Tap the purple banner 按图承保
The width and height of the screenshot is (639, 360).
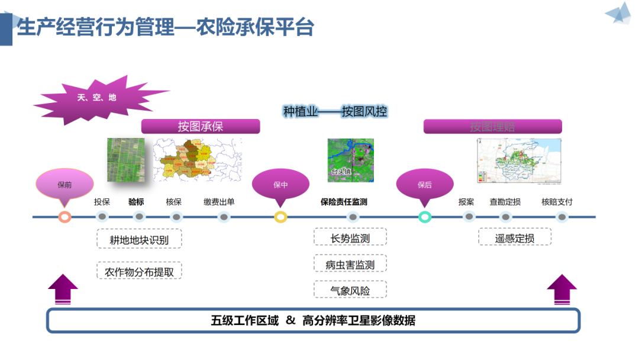pos(201,127)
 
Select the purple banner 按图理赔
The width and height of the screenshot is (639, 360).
pos(492,127)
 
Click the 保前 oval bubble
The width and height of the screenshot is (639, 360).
pos(65,184)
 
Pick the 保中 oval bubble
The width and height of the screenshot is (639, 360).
pos(280,184)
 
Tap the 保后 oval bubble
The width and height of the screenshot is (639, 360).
pos(425,184)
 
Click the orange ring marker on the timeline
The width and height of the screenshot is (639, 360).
pos(65,217)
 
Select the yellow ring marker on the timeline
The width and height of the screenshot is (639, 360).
pos(281,217)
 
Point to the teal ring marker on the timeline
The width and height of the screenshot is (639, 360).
pos(425,217)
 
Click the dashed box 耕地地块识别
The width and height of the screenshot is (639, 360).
pos(139,239)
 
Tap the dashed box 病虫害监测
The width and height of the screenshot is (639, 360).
pos(350,265)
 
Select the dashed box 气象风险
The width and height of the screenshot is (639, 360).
pos(350,290)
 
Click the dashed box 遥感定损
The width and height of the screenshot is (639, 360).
pos(515,238)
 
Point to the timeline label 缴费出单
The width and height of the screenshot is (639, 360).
pos(219,202)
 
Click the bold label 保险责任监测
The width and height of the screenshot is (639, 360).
pos(344,202)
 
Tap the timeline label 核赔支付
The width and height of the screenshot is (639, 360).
pos(557,202)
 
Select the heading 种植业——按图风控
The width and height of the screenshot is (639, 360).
pos(335,111)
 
